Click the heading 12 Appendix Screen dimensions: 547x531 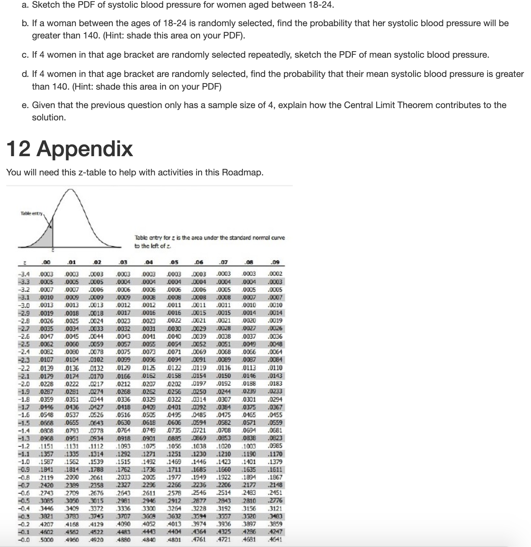(70, 149)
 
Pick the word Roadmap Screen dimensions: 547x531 (243, 172)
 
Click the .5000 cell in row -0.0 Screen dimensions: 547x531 (46, 539)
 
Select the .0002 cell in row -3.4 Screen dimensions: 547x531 (276, 274)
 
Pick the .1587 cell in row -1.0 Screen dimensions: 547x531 (46, 462)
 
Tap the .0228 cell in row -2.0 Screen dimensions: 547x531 (46, 384)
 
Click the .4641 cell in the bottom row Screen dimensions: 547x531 (276, 539)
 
